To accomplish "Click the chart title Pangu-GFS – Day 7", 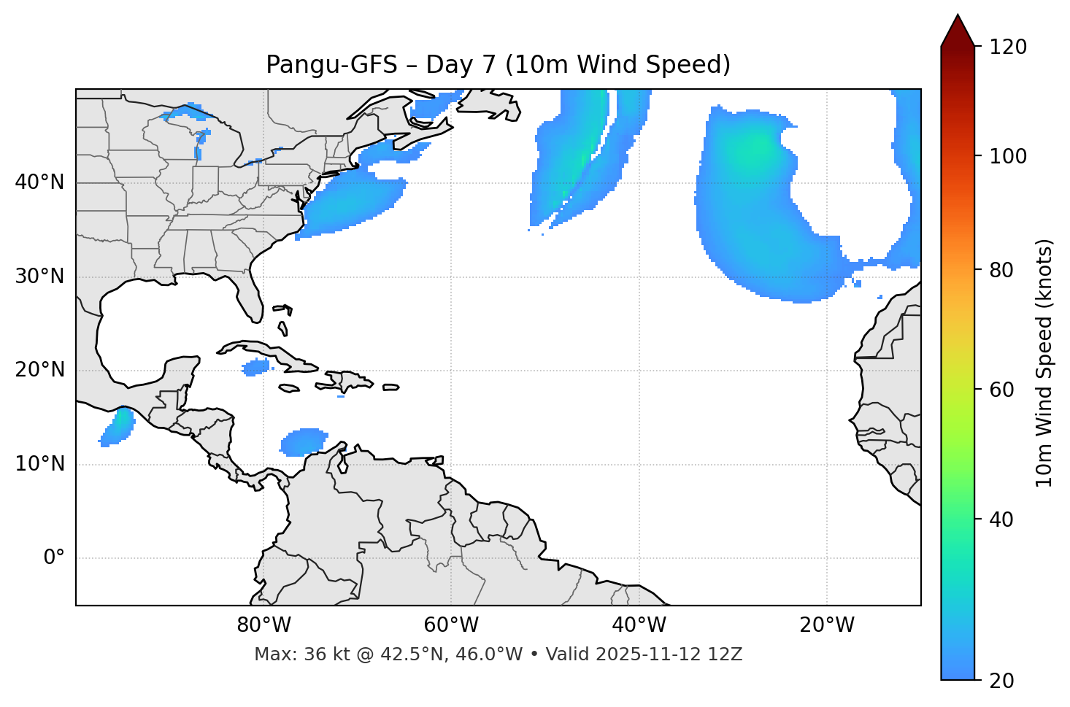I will coord(498,65).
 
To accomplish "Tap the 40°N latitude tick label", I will coord(39,182).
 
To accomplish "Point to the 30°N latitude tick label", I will coord(39,277).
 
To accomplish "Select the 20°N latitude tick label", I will coord(39,370).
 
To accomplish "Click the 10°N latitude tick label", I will coord(39,464).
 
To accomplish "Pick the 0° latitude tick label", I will coord(54,558).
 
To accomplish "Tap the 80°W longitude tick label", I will coord(263,625).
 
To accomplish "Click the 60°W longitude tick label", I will coord(451,625).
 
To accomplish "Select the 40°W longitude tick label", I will coord(639,625).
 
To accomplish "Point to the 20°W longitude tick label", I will coord(826,625).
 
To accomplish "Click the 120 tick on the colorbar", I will coord(1008,47).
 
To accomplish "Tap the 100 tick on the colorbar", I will coord(1008,156).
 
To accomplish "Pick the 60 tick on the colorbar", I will coord(1001,390).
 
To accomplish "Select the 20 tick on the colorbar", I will coord(1001,681).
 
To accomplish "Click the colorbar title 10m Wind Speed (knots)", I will coord(1044,363).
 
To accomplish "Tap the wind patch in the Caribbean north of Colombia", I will coord(304,441).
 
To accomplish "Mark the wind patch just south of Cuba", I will coord(255,367).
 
